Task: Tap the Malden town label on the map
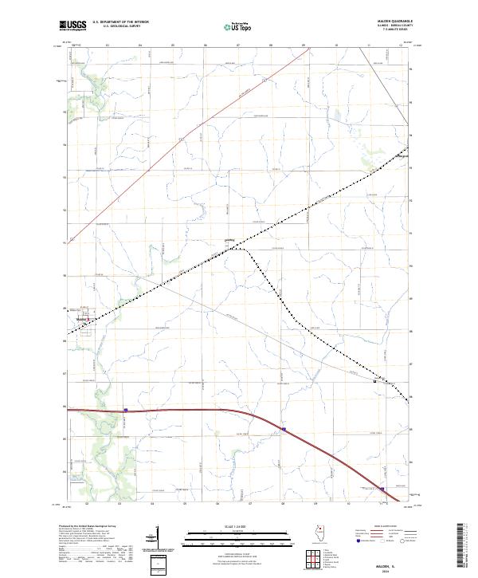pos(80,319)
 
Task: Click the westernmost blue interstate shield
pos(126,411)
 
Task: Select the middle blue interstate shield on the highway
pos(283,430)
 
